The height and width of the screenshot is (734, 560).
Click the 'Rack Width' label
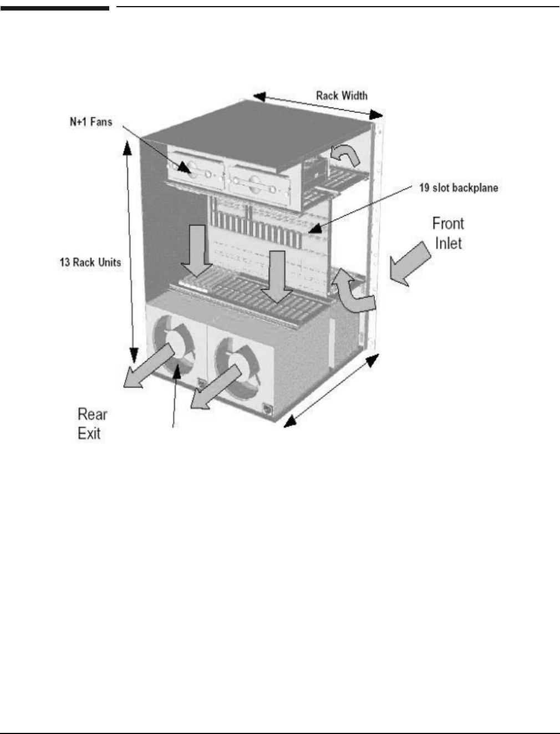(342, 95)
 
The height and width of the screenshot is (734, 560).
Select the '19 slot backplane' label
(458, 188)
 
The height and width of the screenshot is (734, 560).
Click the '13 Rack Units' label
(90, 262)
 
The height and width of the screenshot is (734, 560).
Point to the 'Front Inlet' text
(448, 233)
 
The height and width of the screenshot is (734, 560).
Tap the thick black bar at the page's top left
(55, 8)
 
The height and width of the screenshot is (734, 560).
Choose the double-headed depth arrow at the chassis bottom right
(332, 392)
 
